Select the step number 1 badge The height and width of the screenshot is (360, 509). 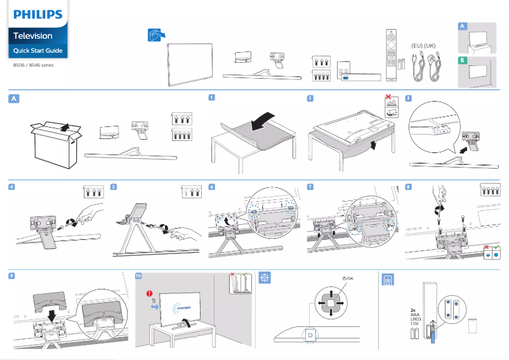pyautogui.click(x=211, y=98)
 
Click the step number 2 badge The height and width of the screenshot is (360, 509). pyautogui.click(x=310, y=98)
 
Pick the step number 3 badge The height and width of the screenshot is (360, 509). pyautogui.click(x=408, y=98)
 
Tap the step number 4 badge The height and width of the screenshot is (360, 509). pyautogui.click(x=11, y=187)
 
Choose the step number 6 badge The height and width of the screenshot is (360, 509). pyautogui.click(x=211, y=187)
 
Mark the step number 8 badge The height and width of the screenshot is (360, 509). pyautogui.click(x=408, y=187)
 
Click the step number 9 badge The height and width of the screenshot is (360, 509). pyautogui.click(x=11, y=276)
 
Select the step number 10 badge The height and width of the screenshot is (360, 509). pyautogui.click(x=139, y=276)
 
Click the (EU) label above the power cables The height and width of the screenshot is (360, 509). pyautogui.click(x=417, y=46)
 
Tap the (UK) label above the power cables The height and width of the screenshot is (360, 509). pyautogui.click(x=431, y=46)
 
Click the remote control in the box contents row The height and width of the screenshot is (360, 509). pyautogui.click(x=391, y=55)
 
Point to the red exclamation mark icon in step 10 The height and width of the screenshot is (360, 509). pyautogui.click(x=150, y=294)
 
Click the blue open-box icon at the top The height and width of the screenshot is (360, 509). pyautogui.click(x=155, y=36)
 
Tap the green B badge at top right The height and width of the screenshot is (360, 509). pyautogui.click(x=463, y=61)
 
